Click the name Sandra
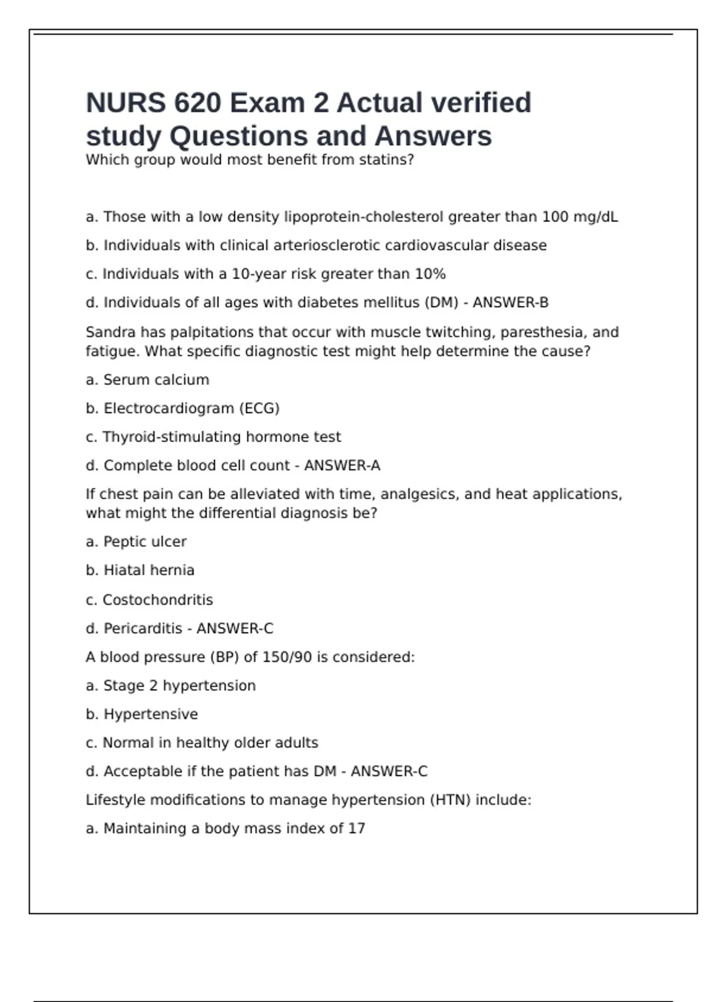click(x=110, y=332)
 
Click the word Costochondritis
click(x=157, y=600)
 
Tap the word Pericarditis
click(x=143, y=629)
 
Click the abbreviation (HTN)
click(x=450, y=800)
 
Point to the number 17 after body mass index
click(x=356, y=829)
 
